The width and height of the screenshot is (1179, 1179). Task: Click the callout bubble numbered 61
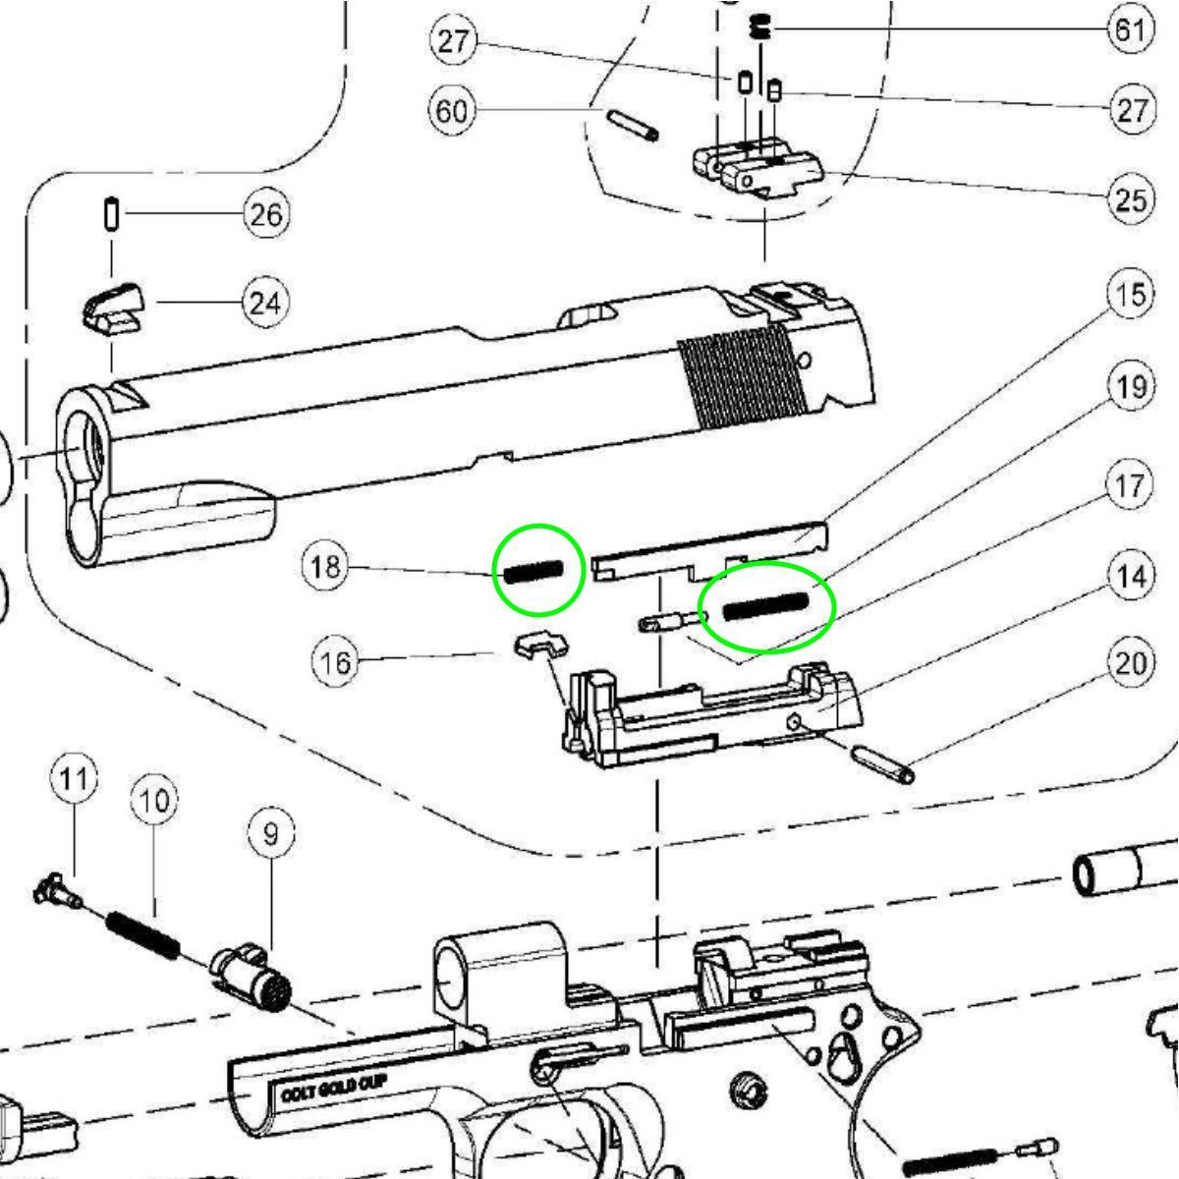(1131, 29)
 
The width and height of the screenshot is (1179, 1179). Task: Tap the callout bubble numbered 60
(452, 111)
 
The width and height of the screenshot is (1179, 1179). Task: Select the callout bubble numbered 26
(267, 214)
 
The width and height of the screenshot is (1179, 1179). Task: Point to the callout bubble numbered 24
(267, 303)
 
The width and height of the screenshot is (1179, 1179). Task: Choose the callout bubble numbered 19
(1131, 387)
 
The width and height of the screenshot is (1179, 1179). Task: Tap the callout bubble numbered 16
(336, 661)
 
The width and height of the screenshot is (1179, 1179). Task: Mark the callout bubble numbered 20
(1131, 663)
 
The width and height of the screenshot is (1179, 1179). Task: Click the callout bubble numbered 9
(271, 833)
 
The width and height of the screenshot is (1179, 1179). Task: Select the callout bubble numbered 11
(74, 779)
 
